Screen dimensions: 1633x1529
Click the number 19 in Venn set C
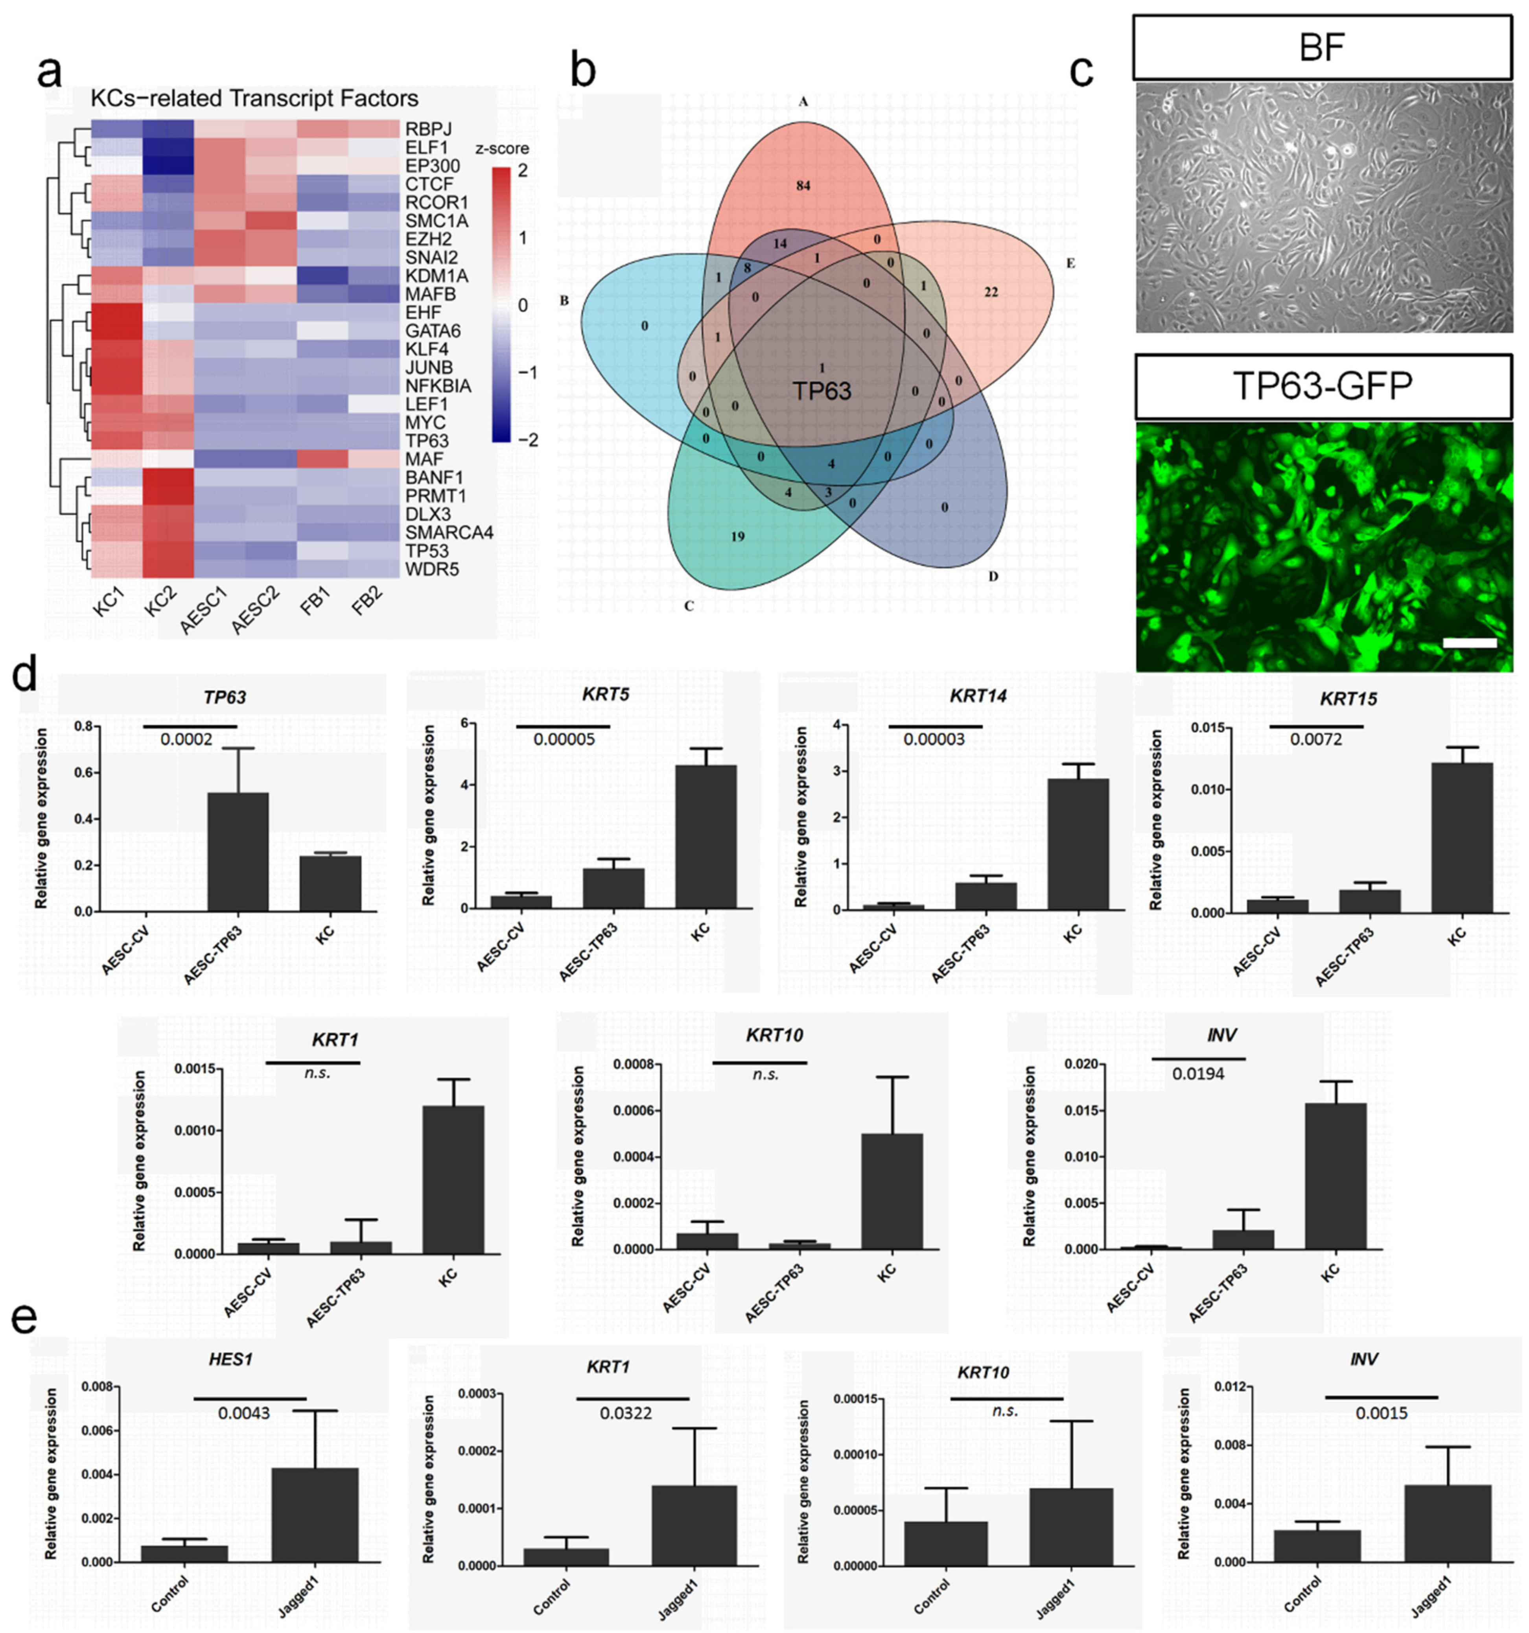point(737,536)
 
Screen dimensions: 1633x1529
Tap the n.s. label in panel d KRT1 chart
point(317,1073)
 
